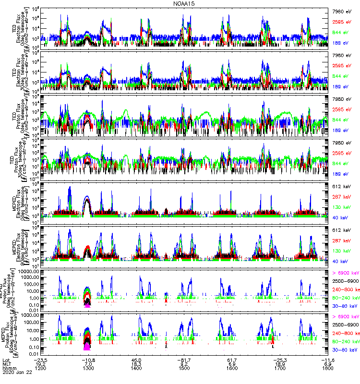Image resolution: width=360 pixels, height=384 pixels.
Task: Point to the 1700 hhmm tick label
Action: click(x=280, y=368)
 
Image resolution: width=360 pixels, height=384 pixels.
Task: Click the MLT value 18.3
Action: click(x=136, y=363)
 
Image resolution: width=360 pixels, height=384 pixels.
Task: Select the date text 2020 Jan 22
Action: click(x=15, y=372)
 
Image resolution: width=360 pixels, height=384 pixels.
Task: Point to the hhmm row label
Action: click(x=9, y=368)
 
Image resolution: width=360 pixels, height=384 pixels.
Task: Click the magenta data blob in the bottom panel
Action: click(x=87, y=347)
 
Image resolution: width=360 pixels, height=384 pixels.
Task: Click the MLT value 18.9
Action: click(x=280, y=363)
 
